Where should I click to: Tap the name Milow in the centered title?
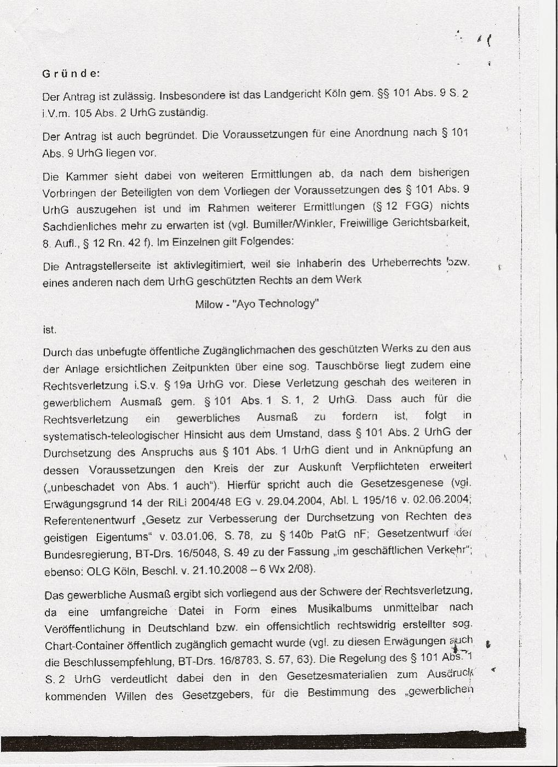pos(209,304)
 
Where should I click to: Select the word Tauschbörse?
pos(366,366)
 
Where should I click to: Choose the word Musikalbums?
pos(340,609)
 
